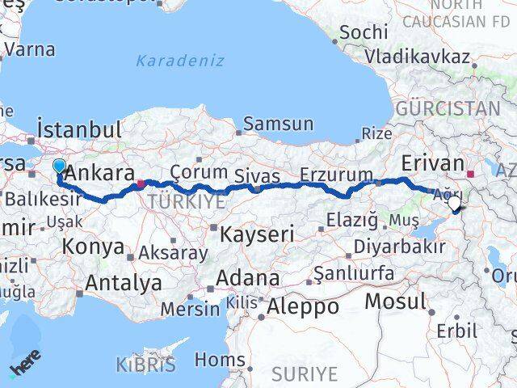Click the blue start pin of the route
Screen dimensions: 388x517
pyautogui.click(x=59, y=167)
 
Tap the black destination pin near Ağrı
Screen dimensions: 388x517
pyautogui.click(x=455, y=205)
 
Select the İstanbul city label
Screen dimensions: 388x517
pyautogui.click(x=79, y=128)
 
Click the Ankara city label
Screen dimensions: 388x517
pyautogui.click(x=99, y=173)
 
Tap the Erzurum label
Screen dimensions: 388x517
pyautogui.click(x=336, y=175)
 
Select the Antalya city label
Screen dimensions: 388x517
pyautogui.click(x=123, y=283)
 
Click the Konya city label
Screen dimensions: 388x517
pyautogui.click(x=94, y=247)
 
